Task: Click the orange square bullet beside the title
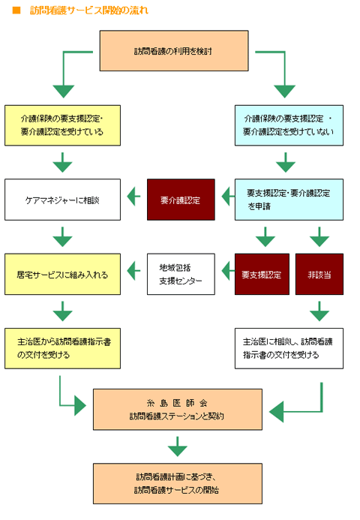[x=16, y=11]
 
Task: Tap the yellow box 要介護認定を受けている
[x=62, y=125]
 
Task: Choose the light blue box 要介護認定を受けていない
[x=289, y=125]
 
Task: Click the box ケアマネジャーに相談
[x=62, y=200]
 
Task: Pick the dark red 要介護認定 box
[x=181, y=200]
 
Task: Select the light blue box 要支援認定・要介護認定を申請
[x=289, y=200]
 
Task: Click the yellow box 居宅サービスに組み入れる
[x=62, y=274]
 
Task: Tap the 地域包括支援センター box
[x=181, y=274]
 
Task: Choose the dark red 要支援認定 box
[x=262, y=274]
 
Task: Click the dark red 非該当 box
[x=319, y=274]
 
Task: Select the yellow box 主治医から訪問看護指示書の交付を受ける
[x=62, y=347]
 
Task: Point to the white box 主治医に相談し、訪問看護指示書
[x=289, y=347]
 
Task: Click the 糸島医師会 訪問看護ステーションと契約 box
[x=177, y=409]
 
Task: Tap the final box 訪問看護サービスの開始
[x=177, y=482]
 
